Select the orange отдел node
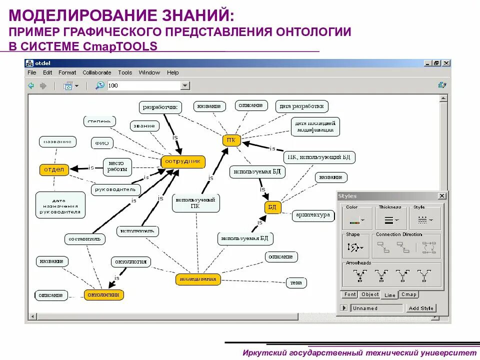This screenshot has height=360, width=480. pos(54,169)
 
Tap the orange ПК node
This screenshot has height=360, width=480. pos(231,140)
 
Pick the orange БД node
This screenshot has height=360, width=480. pos(272,207)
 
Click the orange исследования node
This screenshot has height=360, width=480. pos(198,279)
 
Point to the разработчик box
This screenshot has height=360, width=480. pos(160,107)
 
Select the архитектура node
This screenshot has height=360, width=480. pos(312,215)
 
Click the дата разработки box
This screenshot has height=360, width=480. pos(302,106)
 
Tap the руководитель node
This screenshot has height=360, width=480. pos(116,190)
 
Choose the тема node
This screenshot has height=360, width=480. pos(296,282)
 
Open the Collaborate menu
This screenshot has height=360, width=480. pos(97,72)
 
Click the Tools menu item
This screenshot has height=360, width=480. pos(125,72)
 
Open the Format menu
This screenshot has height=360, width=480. pos(67,72)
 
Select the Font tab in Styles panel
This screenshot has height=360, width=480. pos(350,294)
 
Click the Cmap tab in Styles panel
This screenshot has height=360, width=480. pos(408,294)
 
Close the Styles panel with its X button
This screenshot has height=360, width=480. pos(442,196)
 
